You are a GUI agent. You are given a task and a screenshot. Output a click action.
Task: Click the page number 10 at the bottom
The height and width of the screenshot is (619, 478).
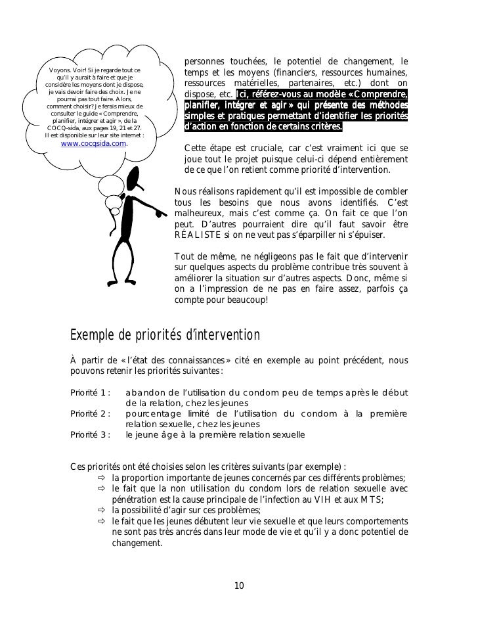point(239,585)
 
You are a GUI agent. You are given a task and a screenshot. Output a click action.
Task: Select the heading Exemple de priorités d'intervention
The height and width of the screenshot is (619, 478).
point(165,336)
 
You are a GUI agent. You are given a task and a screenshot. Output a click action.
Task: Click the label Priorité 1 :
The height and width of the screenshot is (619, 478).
point(90,393)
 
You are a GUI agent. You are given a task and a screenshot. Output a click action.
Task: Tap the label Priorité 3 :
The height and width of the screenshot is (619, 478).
point(90,434)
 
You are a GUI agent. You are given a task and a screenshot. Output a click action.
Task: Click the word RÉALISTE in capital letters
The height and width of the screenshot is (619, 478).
point(199,235)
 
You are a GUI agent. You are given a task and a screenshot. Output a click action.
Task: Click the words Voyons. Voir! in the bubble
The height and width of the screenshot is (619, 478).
point(68,70)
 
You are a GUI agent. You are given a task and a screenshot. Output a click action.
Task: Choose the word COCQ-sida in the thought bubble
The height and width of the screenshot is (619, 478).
point(64,129)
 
